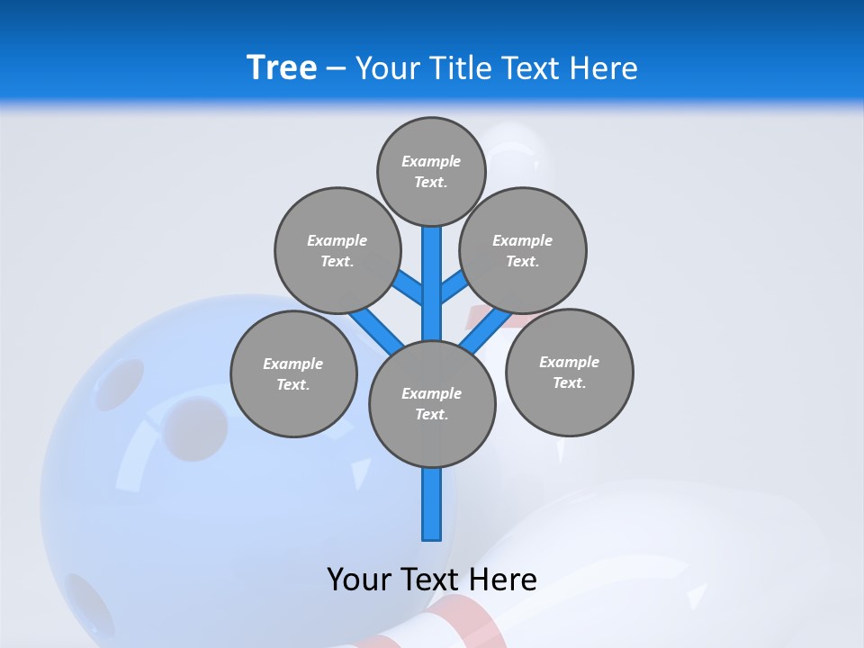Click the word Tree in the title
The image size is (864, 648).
pyautogui.click(x=282, y=67)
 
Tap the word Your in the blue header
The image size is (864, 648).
pyautogui.click(x=388, y=68)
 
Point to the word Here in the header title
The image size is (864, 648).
pyautogui.click(x=603, y=68)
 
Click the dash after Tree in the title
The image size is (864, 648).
pyautogui.click(x=336, y=69)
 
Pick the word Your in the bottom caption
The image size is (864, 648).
pyautogui.click(x=359, y=580)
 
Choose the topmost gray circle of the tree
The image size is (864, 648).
pyautogui.click(x=431, y=171)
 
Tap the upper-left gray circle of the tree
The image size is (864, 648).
pyautogui.click(x=337, y=250)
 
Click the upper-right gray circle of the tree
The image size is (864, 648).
pyautogui.click(x=522, y=250)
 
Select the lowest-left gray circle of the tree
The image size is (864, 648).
pyautogui.click(x=293, y=373)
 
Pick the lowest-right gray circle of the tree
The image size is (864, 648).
pyautogui.click(x=569, y=372)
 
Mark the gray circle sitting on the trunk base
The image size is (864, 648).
pyautogui.click(x=432, y=403)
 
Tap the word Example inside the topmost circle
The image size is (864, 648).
pyautogui.click(x=431, y=161)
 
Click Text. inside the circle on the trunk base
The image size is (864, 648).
pyautogui.click(x=431, y=415)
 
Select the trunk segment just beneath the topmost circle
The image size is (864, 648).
pyautogui.click(x=431, y=270)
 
